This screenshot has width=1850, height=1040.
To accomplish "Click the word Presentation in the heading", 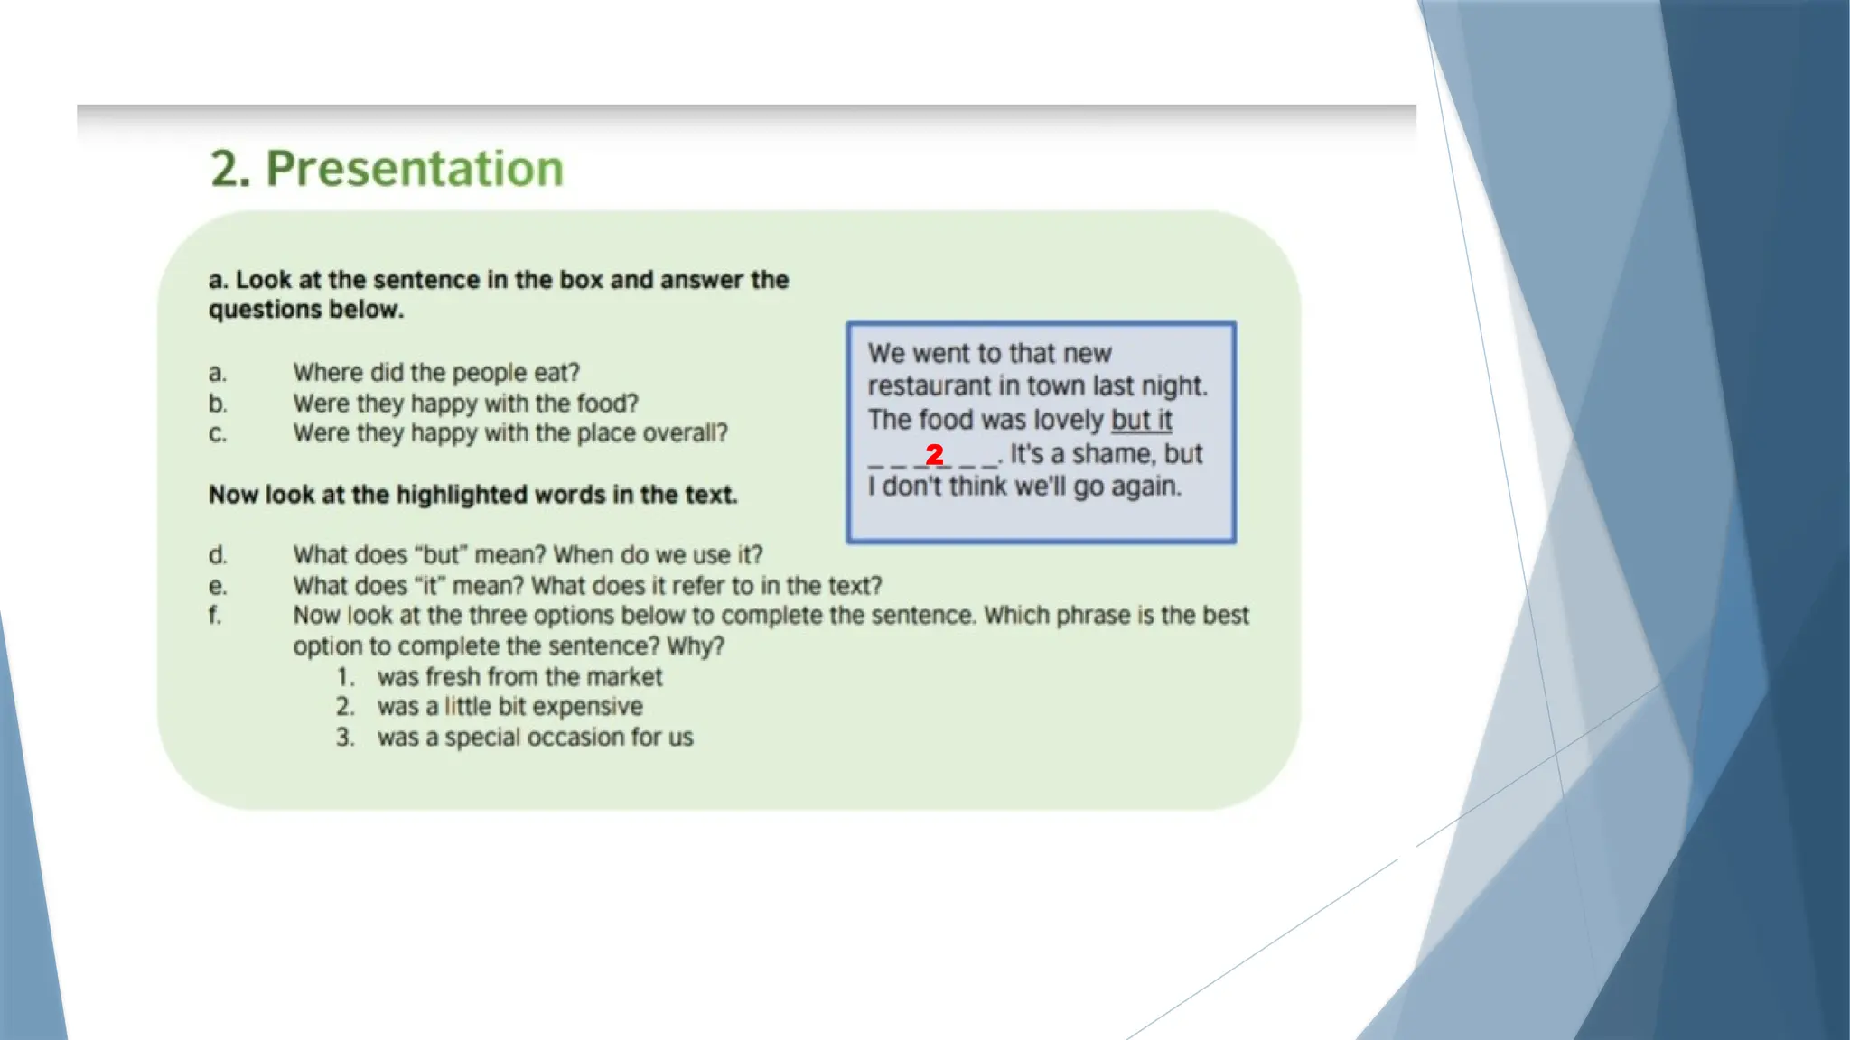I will pyautogui.click(x=415, y=169).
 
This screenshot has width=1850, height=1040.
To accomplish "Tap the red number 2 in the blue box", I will pyautogui.click(x=935, y=454).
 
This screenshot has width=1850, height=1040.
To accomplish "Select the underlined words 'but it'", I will pyautogui.click(x=1141, y=420).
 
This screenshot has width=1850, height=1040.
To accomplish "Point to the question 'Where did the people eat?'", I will pyautogui.click(x=436, y=373).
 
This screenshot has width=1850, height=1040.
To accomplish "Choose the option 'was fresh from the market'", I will pyautogui.click(x=519, y=677).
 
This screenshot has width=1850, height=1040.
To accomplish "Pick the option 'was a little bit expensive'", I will pyautogui.click(x=510, y=707).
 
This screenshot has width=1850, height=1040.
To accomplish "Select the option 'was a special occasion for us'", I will pyautogui.click(x=535, y=738).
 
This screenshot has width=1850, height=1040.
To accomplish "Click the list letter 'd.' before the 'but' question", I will pyautogui.click(x=218, y=555).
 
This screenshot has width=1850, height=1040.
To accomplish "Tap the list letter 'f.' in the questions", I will pyautogui.click(x=215, y=616).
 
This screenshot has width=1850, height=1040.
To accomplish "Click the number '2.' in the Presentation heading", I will pyautogui.click(x=230, y=169).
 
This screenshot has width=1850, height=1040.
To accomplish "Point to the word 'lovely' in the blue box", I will pyautogui.click(x=1069, y=420).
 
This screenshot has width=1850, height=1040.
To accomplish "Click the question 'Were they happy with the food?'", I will pyautogui.click(x=465, y=404).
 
